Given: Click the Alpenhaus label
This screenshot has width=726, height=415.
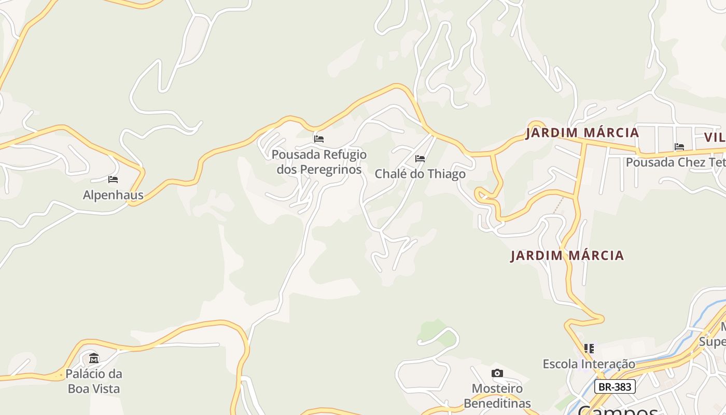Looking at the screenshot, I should point(113,195).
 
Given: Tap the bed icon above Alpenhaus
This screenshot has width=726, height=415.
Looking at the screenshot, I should point(113,179).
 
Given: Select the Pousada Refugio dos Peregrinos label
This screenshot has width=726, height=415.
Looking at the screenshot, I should point(319,162).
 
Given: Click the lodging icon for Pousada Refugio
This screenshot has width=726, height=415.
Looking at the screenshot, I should point(319,139).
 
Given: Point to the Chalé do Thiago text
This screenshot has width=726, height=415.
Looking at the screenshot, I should point(420,174).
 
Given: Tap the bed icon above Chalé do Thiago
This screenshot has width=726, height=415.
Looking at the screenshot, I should point(420,158).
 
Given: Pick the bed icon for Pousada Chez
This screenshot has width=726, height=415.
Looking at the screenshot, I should point(679,147).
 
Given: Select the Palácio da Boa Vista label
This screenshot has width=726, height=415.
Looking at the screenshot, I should point(94,381).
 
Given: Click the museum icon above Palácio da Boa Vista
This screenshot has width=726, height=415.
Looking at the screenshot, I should point(94,358).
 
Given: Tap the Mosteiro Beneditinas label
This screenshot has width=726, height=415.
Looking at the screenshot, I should point(497,396).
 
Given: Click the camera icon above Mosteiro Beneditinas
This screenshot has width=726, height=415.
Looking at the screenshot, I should point(497,374).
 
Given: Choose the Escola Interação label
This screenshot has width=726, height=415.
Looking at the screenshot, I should point(589,364).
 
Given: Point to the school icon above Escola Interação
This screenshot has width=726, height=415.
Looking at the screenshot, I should point(589,348).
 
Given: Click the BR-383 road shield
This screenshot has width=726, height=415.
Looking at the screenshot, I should point(615,386).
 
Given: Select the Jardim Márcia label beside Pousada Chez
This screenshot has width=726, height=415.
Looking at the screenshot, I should point(582,133).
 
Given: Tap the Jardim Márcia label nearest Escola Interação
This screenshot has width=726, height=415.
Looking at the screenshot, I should point(567,256).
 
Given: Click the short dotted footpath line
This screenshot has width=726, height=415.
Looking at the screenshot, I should point(558,205).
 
